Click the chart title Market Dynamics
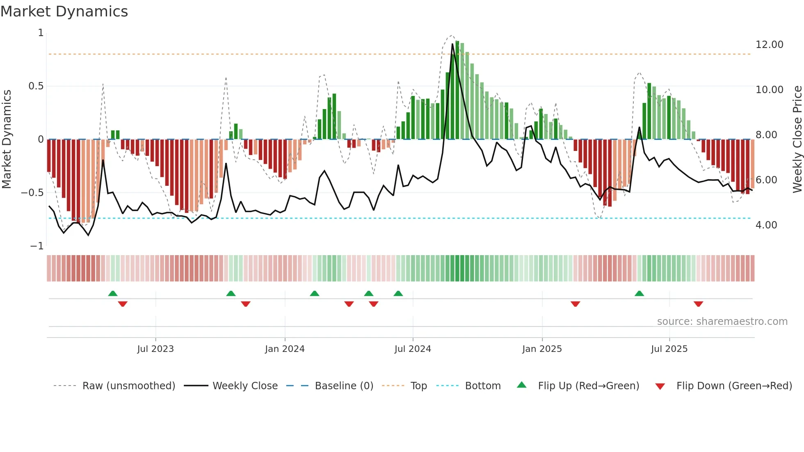pyautogui.click(x=64, y=11)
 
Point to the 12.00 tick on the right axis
pyautogui.click(x=769, y=45)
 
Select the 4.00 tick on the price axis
pyautogui.click(x=766, y=225)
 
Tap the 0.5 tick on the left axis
pyautogui.click(x=36, y=86)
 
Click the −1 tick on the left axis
pyautogui.click(x=37, y=246)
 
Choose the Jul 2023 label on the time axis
pyautogui.click(x=155, y=349)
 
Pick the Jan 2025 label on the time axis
pyautogui.click(x=542, y=349)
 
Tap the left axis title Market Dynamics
pyautogui.click(x=7, y=139)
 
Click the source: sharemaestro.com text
pyautogui.click(x=722, y=322)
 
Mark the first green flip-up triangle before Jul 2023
pyautogui.click(x=113, y=293)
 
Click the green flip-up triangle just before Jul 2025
pyautogui.click(x=639, y=293)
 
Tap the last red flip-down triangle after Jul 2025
pyautogui.click(x=698, y=304)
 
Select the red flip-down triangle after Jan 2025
pyautogui.click(x=575, y=304)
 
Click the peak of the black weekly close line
pyautogui.click(x=452, y=44)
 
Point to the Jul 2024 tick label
pyautogui.click(x=413, y=349)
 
